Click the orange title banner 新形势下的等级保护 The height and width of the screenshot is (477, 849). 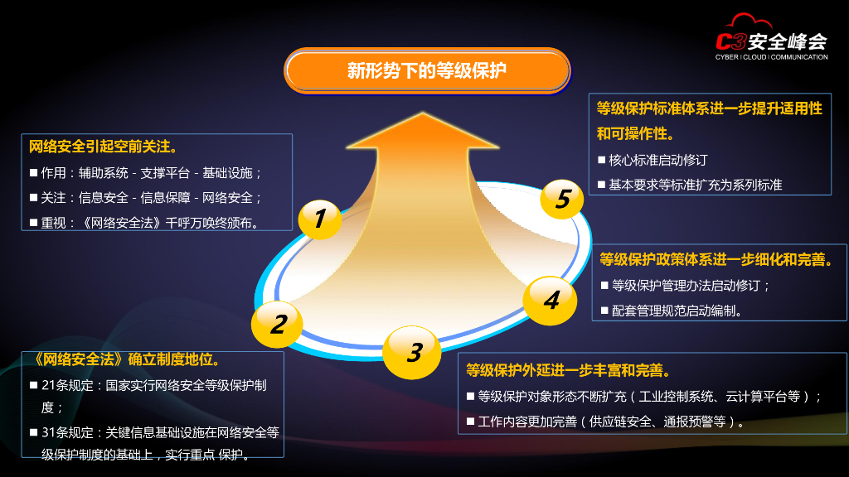pos(427,70)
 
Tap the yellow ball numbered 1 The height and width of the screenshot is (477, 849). pos(319,219)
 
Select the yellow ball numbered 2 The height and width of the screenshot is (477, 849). pos(278,323)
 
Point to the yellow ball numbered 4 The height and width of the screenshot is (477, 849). pos(551,299)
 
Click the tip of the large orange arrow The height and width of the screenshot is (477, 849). pos(423,115)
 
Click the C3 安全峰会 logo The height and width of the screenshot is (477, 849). pos(771,42)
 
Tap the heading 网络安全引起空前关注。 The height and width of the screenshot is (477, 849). pos(103,147)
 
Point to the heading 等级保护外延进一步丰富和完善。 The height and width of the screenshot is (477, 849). pos(568,370)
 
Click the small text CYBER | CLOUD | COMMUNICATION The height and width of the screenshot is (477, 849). pos(771,57)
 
